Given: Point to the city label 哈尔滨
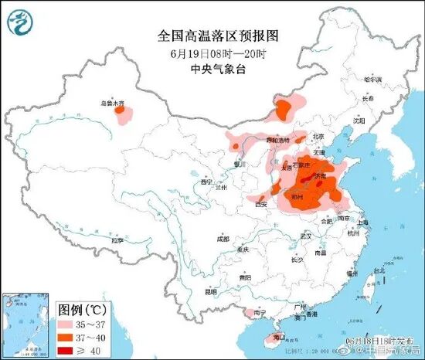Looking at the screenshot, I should coord(374,79).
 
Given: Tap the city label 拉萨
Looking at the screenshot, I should coord(117,240).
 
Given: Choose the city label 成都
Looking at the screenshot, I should coord(223,239).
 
